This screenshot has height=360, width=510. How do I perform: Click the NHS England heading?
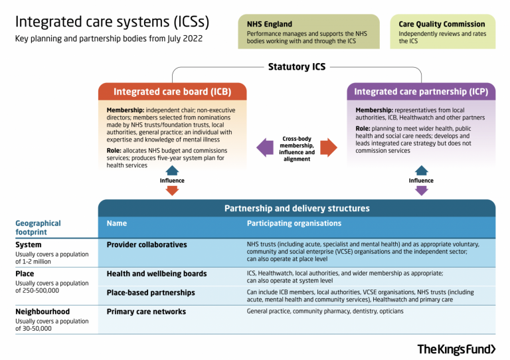point(269,24)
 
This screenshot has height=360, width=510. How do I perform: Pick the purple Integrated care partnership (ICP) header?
point(421,92)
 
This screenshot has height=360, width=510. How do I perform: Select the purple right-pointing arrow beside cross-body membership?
point(327,147)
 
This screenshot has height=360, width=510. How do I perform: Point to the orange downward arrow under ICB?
point(172,191)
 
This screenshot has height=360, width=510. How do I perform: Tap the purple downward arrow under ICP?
point(421,191)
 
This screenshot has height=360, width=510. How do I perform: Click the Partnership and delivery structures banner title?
point(296,209)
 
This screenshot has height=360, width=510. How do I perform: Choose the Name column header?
point(117,224)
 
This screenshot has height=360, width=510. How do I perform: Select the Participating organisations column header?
point(294,224)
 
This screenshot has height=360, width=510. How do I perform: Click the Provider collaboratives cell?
point(147,245)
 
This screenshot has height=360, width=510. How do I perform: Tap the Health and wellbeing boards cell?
point(156,274)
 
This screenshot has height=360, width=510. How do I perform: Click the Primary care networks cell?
point(146,312)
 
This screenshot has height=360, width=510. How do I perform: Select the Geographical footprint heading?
point(38,228)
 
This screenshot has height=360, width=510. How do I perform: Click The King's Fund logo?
point(456,349)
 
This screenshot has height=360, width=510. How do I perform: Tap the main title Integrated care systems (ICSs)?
point(112,21)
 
